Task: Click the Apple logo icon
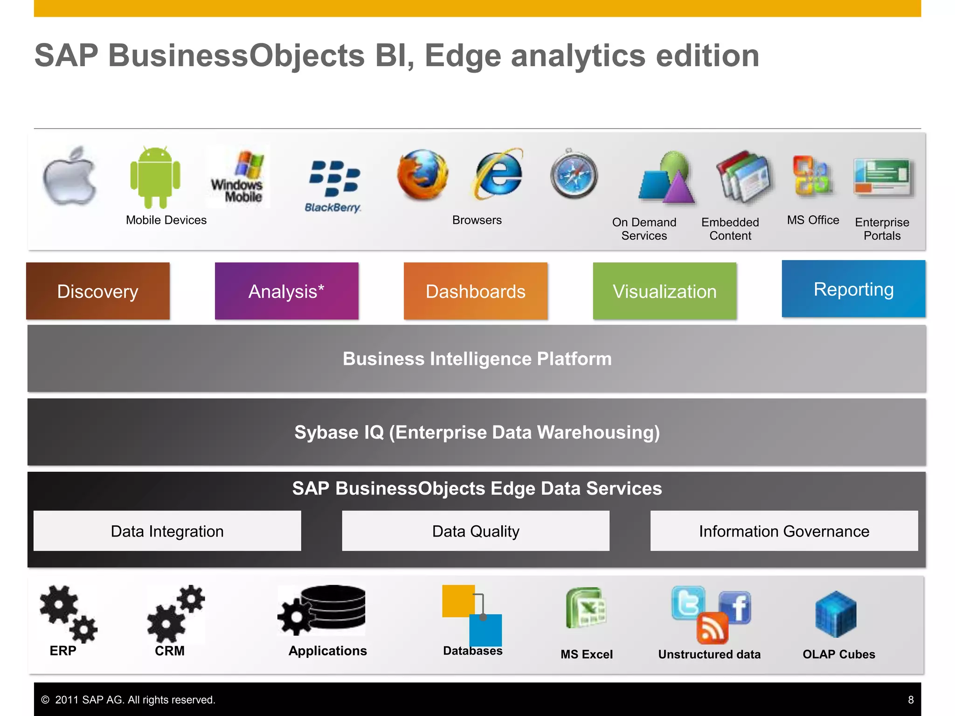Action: click(x=70, y=176)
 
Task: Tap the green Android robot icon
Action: click(x=155, y=177)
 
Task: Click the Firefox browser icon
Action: click(x=422, y=174)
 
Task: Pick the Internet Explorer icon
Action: click(x=498, y=173)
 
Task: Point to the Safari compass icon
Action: click(x=574, y=174)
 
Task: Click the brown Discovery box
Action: click(x=98, y=291)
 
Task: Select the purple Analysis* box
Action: click(x=286, y=291)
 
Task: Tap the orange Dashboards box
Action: click(x=475, y=291)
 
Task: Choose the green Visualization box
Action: click(x=664, y=291)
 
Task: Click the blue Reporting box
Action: click(x=853, y=289)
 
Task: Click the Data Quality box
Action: click(x=476, y=531)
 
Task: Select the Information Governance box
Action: click(x=784, y=531)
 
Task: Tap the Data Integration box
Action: click(x=167, y=531)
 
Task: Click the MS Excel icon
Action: click(x=586, y=608)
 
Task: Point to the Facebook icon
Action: click(x=735, y=607)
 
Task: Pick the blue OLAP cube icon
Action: click(x=836, y=614)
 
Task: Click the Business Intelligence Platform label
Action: click(x=477, y=359)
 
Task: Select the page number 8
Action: click(x=911, y=700)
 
